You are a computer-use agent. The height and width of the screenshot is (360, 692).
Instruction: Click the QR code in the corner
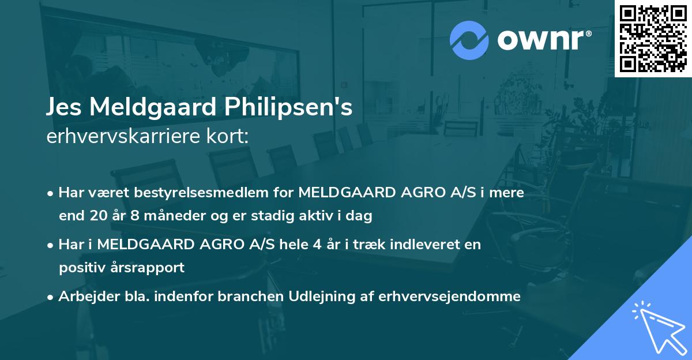653,39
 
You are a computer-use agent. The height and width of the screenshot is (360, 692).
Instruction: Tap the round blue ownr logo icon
469,40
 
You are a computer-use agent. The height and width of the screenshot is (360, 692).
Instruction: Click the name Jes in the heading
65,108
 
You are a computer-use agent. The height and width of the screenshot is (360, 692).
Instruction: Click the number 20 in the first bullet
97,216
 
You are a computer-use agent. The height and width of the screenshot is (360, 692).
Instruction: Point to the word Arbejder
84,297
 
